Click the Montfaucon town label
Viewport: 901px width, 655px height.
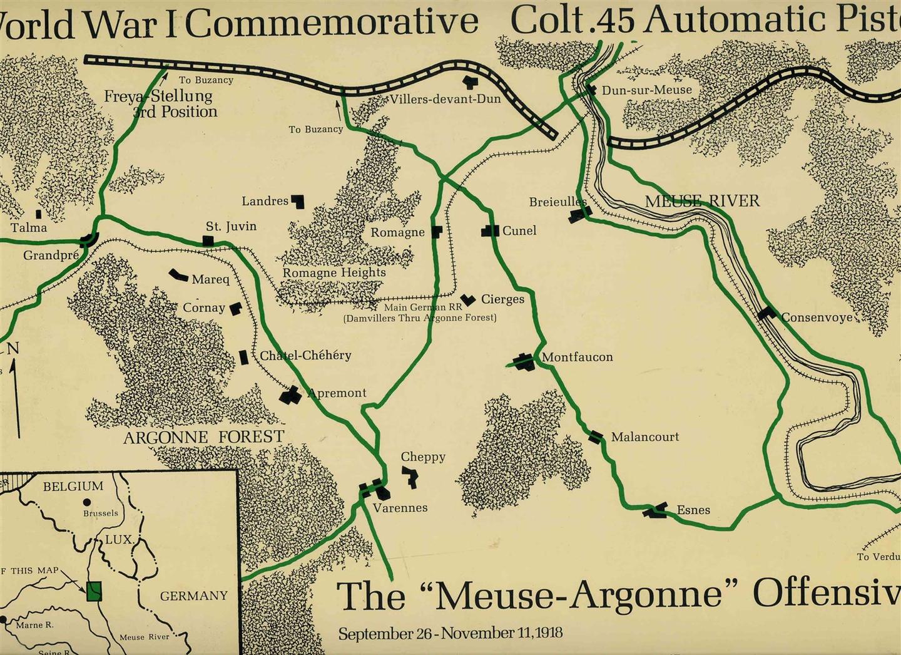577,358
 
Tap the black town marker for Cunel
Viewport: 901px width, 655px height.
490,231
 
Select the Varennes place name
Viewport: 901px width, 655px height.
400,508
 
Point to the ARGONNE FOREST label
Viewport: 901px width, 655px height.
203,436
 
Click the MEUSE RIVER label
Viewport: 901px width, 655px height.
702,201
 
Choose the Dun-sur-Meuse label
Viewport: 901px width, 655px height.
646,90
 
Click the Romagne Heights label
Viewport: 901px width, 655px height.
334,273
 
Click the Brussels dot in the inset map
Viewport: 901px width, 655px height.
86,502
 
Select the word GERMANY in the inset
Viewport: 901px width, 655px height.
194,596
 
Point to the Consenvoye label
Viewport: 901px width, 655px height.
817,317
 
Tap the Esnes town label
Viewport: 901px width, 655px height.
693,510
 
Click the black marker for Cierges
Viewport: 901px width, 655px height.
467,300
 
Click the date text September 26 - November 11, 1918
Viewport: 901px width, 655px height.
450,632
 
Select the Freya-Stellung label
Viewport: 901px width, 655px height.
158,96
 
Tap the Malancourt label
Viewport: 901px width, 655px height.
644,436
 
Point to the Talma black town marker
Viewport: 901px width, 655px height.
39,215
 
